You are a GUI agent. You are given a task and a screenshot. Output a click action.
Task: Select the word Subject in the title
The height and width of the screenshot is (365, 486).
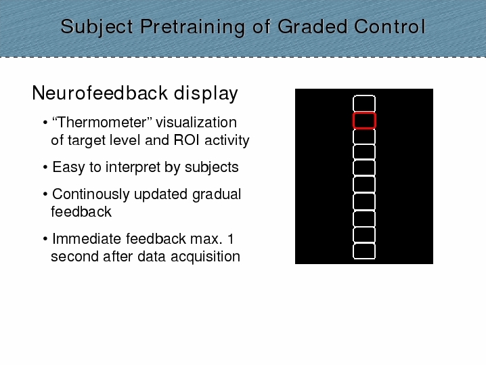[x=97, y=27]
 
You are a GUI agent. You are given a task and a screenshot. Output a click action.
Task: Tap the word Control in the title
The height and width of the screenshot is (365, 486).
[x=390, y=26]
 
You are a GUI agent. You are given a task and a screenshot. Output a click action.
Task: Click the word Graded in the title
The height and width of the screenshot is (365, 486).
[x=313, y=26]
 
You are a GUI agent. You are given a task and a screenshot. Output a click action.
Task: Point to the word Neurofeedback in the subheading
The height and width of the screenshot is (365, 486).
[x=100, y=92]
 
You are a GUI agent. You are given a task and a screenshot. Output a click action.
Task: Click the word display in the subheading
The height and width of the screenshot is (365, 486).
[x=206, y=93]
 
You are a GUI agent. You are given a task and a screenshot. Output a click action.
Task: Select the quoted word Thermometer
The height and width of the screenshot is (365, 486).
[x=102, y=122]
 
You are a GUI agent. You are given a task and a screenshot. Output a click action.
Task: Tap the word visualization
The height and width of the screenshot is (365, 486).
[x=196, y=122]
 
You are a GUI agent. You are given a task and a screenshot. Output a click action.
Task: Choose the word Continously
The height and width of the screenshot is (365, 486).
[x=91, y=194]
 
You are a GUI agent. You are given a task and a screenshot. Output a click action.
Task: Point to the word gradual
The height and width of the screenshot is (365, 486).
[x=217, y=195]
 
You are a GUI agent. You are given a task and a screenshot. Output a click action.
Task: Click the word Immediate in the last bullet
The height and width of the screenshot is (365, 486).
[x=87, y=239]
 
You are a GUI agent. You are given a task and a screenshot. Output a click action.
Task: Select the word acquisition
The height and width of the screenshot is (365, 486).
[x=206, y=257]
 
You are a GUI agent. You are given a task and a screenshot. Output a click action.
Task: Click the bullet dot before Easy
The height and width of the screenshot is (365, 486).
[x=45, y=167]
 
